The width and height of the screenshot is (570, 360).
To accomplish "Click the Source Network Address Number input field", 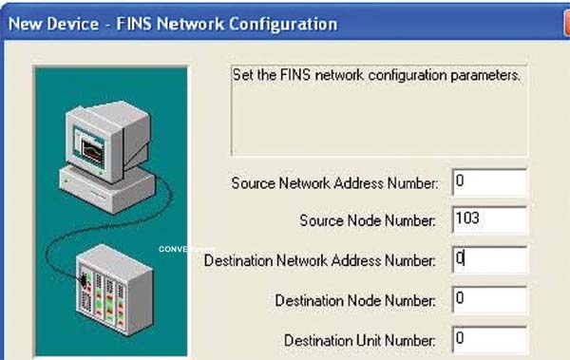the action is coord(489,182).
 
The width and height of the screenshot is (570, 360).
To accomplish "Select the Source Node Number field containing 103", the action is coord(489,219).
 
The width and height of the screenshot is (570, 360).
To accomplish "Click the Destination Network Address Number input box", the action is coord(489,259).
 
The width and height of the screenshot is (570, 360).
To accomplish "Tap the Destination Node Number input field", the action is coord(489,299).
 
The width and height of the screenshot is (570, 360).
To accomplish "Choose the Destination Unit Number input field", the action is coord(489,340).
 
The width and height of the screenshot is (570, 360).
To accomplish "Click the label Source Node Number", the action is coord(368,220).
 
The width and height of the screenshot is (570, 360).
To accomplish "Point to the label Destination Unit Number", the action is coord(359,340).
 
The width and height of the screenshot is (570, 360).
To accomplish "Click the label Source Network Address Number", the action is coord(334,183).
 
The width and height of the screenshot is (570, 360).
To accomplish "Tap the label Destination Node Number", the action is coord(355,300).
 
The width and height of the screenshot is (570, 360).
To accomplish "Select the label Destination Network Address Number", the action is coord(320,260).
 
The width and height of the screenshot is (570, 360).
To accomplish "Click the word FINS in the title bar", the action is coord(133,24).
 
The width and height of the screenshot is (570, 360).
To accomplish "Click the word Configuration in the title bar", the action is coord(283,25).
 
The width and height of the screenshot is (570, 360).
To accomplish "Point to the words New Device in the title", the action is coord(53,24).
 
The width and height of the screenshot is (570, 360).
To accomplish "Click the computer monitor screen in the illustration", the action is coord(89,147).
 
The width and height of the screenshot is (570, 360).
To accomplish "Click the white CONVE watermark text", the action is coord(173,249).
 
